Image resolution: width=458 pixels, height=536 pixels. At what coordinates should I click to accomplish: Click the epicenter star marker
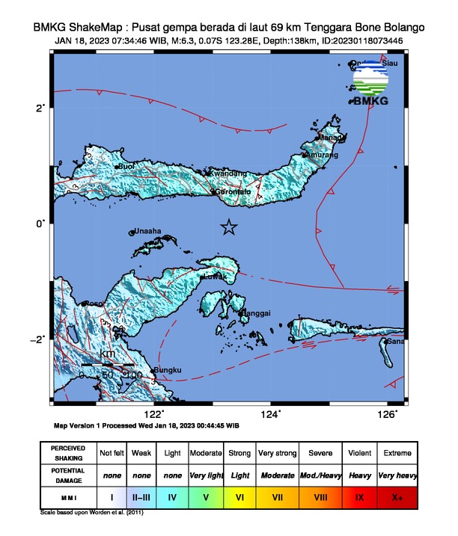coord(229,227)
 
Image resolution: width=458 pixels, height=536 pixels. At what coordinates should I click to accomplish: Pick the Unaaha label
coord(147,232)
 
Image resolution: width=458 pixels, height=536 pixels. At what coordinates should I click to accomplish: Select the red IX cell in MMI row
coord(359,496)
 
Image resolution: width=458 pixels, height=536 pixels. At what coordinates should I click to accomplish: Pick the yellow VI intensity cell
coord(240,496)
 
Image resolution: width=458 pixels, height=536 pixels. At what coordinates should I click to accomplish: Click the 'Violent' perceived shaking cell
coord(359,454)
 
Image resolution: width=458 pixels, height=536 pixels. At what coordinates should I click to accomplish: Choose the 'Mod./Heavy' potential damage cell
coord(319,475)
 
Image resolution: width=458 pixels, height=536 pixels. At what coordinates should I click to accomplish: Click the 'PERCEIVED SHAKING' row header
coord(67,454)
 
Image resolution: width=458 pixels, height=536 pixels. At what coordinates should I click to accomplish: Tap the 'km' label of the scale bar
coord(107,354)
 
